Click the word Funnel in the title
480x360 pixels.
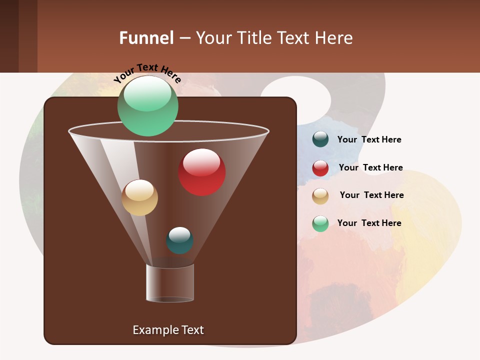coord(146,38)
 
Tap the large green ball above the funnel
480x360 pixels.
coord(147,105)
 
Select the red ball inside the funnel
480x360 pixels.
coord(201,172)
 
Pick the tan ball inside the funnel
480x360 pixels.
coord(139,197)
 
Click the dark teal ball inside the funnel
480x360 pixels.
coord(179,240)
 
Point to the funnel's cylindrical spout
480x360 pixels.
coord(170,283)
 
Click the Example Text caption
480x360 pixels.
coord(168,330)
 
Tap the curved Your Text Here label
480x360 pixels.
coord(147,72)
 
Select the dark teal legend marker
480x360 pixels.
coord(320,139)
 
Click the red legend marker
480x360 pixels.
coord(320,168)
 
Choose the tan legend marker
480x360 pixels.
coord(320,196)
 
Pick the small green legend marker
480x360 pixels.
coord(320,223)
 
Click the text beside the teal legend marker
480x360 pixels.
coord(369,140)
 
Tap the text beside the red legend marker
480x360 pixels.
coord(370,168)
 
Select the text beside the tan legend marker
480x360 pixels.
coord(371,195)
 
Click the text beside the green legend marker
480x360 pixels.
coord(369,223)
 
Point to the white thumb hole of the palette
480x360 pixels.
coord(296,98)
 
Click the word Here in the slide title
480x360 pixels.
coord(333,38)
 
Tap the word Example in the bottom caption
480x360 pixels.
coord(154,330)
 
